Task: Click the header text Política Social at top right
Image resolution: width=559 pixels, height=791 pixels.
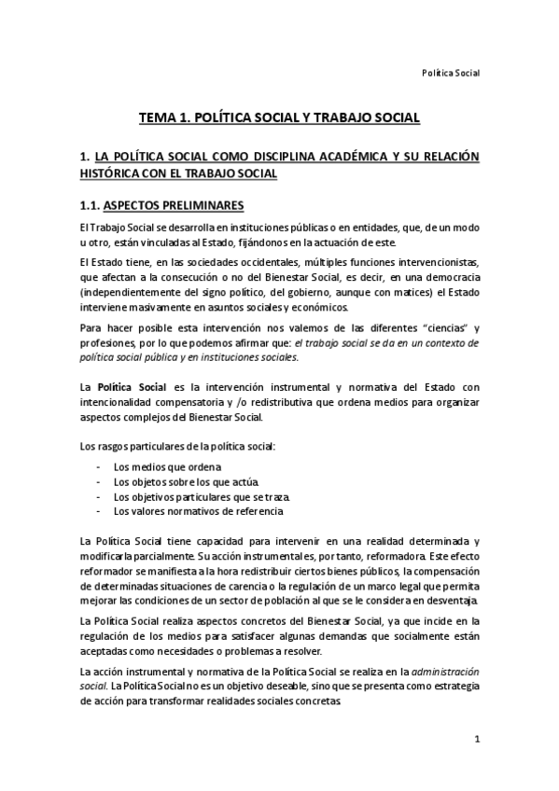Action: click(x=451, y=71)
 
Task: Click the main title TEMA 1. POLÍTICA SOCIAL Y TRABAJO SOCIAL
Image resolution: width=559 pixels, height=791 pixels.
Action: click(x=279, y=119)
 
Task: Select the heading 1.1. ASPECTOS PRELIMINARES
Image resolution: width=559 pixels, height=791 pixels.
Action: click(x=164, y=205)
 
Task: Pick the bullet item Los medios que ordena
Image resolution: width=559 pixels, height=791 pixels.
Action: click(x=168, y=466)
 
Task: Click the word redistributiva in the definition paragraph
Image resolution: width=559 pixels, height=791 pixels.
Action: click(x=278, y=402)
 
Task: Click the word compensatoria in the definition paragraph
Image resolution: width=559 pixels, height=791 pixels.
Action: click(x=186, y=402)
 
